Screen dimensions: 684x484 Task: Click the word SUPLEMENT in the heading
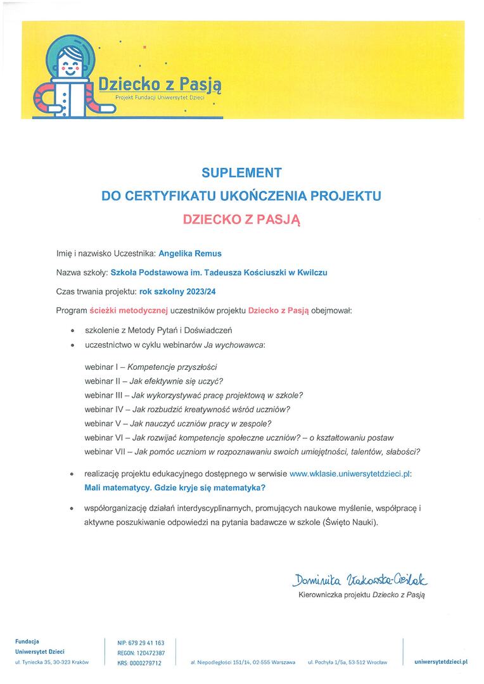pyautogui.click(x=241, y=172)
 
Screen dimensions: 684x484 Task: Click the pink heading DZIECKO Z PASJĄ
pyautogui.click(x=241, y=220)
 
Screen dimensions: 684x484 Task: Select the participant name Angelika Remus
pyautogui.click(x=190, y=253)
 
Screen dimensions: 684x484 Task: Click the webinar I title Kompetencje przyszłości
pyautogui.click(x=172, y=367)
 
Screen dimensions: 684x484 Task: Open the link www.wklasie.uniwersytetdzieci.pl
pyautogui.click(x=350, y=474)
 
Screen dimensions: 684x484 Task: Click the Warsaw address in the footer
pyautogui.click(x=243, y=662)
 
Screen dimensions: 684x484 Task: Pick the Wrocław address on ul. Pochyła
pyautogui.click(x=347, y=662)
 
